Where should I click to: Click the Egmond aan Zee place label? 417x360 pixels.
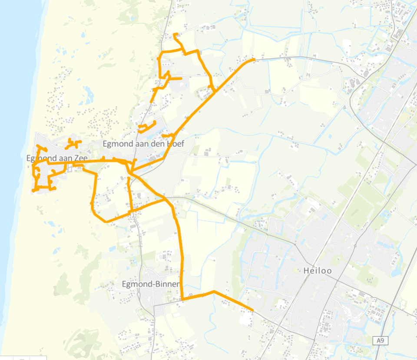click(x=57, y=159)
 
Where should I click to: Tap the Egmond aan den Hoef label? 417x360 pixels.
click(x=143, y=144)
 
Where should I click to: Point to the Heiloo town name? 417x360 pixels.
click(x=318, y=271)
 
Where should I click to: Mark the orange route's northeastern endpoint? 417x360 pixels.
click(x=253, y=60)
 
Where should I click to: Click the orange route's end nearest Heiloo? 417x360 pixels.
click(x=252, y=310)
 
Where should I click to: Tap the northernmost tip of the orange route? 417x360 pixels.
click(x=175, y=34)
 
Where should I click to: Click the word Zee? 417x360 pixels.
click(x=80, y=159)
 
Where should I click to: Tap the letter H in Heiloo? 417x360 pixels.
click(x=307, y=271)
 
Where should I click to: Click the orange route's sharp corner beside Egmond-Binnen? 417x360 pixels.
click(x=183, y=299)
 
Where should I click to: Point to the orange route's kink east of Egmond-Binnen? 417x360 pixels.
click(x=214, y=291)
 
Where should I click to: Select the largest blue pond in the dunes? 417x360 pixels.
click(x=89, y=93)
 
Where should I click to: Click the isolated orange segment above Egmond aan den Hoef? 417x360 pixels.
click(x=146, y=127)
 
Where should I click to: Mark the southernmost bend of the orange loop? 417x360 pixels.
click(x=106, y=221)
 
